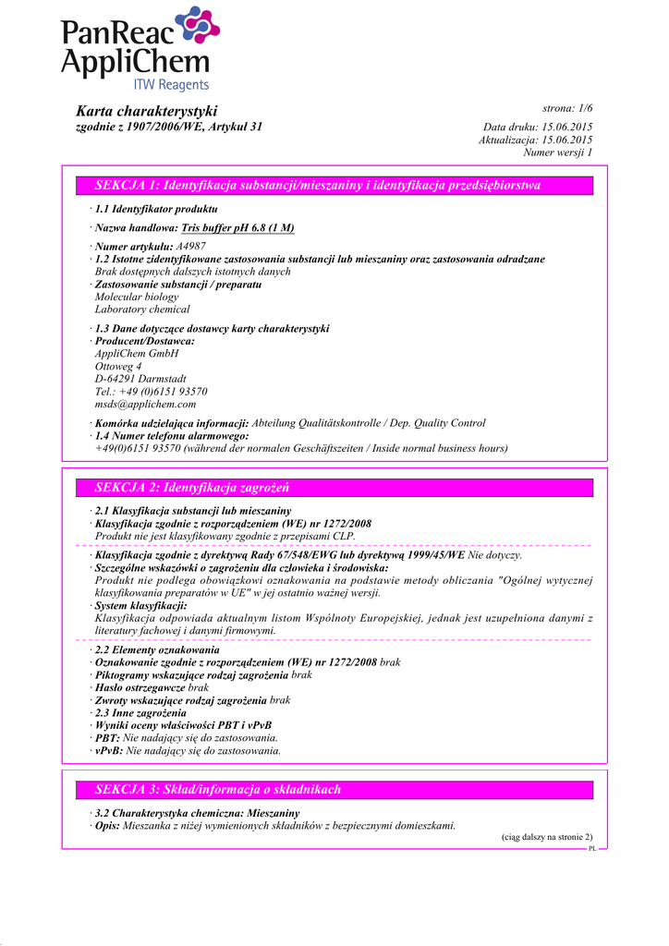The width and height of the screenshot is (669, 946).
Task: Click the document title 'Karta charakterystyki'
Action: (x=146, y=111)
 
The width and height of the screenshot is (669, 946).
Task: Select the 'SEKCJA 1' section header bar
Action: (x=334, y=186)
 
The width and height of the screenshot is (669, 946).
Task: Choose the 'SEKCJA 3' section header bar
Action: (x=334, y=789)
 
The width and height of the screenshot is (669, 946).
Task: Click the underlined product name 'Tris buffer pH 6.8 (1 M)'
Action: (x=238, y=228)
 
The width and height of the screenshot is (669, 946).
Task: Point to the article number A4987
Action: (x=189, y=247)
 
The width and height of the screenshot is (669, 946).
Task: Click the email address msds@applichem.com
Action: (x=145, y=404)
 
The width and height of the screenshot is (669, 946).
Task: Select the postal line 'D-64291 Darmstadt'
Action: (x=140, y=379)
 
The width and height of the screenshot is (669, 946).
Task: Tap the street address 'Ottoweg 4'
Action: (x=118, y=366)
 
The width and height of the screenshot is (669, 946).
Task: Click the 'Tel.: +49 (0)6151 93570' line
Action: (x=151, y=392)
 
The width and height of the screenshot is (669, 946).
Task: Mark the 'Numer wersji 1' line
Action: (x=557, y=152)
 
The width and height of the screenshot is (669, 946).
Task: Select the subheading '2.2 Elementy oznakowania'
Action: (x=157, y=650)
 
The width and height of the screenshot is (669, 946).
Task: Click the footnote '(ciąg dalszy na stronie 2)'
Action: (x=541, y=837)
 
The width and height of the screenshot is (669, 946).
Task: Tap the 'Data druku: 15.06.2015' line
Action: (x=538, y=127)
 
